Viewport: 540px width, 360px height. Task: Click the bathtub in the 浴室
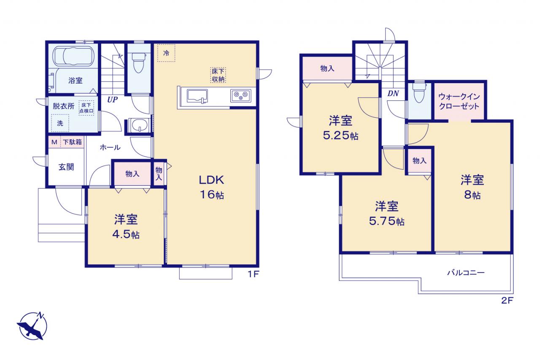(73, 56)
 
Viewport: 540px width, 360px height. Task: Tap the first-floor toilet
(139, 63)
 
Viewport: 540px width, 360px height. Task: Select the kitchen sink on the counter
(197, 96)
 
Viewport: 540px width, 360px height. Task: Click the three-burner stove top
(240, 95)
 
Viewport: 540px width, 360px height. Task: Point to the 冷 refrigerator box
(166, 53)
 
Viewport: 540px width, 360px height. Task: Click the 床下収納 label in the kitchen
(218, 75)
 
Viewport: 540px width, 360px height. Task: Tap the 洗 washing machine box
(60, 123)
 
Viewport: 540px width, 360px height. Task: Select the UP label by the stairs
(112, 99)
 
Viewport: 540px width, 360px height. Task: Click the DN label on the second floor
(393, 93)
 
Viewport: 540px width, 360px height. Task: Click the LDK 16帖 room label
(212, 187)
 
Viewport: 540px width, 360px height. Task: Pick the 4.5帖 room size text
(126, 234)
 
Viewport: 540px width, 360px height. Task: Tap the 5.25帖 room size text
(340, 135)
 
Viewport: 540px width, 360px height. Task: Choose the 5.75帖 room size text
(387, 221)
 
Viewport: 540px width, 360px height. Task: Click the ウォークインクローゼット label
(459, 102)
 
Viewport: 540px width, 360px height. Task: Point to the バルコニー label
(466, 273)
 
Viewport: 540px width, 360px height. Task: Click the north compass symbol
(32, 326)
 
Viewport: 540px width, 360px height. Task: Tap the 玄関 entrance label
(66, 167)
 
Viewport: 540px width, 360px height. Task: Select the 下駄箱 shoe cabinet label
(72, 142)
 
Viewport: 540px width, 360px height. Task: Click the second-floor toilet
(419, 93)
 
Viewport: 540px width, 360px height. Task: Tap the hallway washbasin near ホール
(140, 125)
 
